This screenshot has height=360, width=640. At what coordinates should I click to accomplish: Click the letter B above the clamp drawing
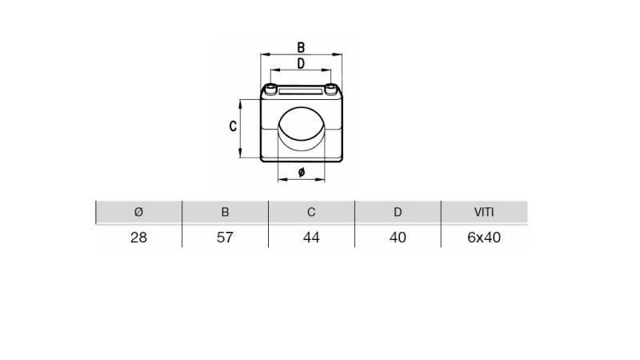[302, 48]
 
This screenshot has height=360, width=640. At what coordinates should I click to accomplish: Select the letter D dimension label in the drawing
[301, 63]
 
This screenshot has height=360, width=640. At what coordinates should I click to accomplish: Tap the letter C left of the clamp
[233, 126]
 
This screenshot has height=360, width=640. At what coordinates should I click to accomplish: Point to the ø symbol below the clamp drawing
[302, 172]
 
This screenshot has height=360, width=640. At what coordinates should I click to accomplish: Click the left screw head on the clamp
[274, 88]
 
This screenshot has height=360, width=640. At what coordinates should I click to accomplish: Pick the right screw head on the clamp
[329, 88]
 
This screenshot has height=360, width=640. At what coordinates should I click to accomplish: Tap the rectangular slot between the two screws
[301, 94]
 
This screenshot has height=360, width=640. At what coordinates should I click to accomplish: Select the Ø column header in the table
[138, 212]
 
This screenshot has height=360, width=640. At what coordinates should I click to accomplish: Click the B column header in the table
[225, 212]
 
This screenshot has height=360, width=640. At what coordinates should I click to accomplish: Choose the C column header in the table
[311, 212]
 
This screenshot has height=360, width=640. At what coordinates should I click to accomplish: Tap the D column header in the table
[398, 212]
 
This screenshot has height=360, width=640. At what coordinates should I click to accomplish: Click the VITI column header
[484, 212]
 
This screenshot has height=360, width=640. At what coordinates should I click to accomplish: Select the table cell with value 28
[138, 238]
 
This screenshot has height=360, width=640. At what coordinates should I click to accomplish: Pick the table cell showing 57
[225, 238]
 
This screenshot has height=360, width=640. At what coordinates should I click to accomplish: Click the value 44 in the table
[311, 238]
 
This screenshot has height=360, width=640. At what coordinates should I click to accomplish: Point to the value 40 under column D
[398, 238]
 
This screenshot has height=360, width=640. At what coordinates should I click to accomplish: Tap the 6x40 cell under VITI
[484, 238]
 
